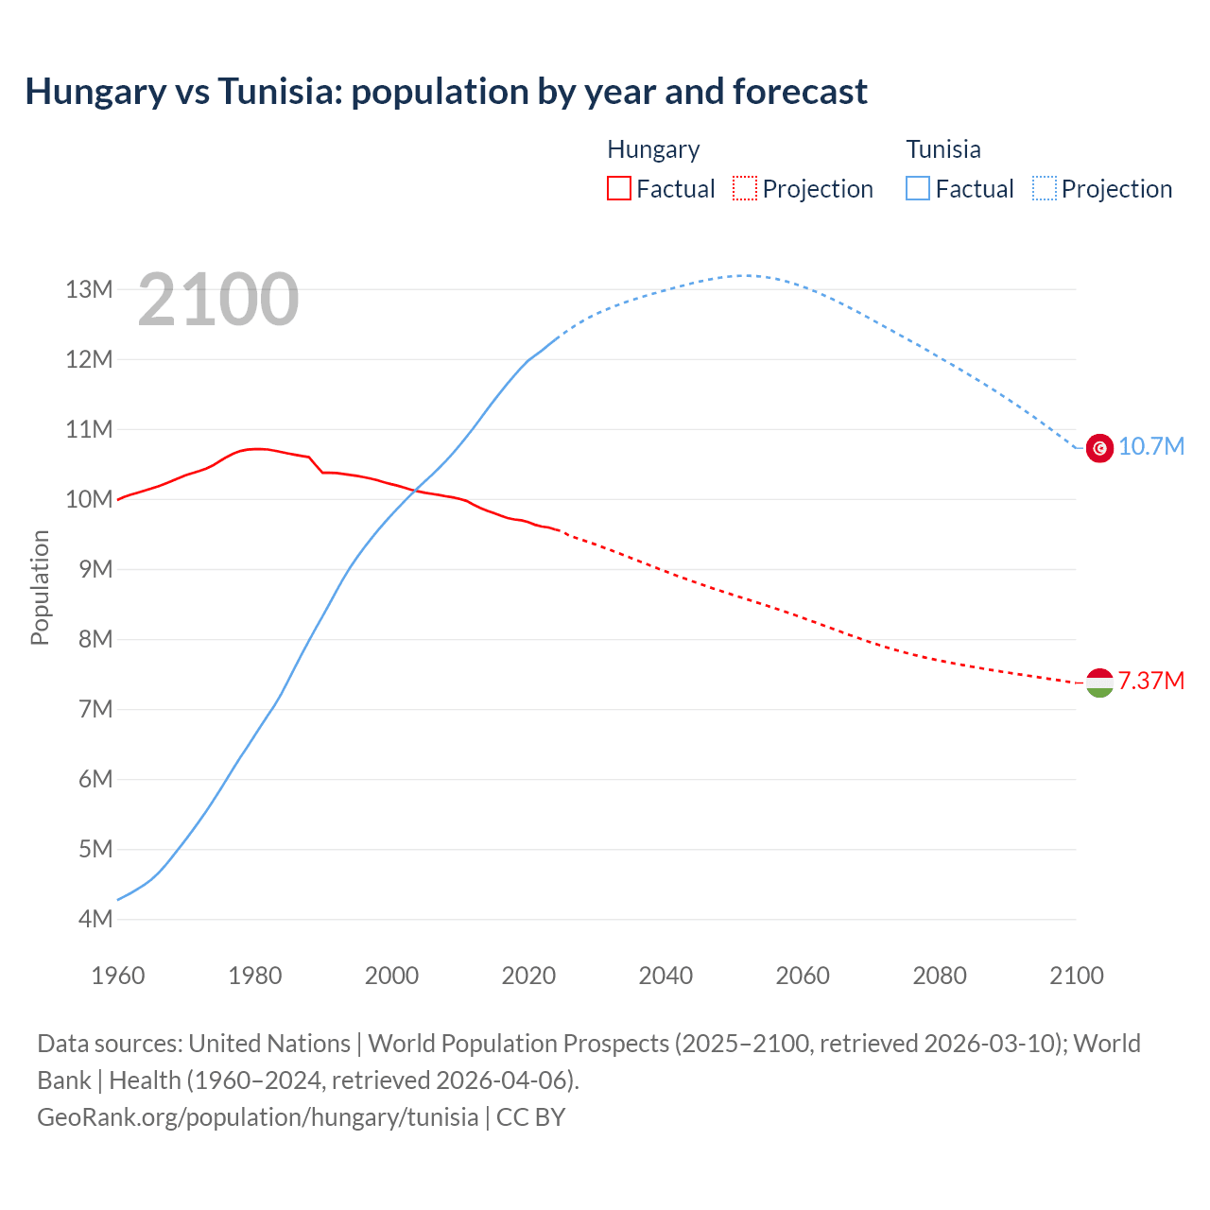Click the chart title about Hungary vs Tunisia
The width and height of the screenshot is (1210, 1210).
pos(446,92)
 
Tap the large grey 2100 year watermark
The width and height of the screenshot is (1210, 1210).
pos(218,300)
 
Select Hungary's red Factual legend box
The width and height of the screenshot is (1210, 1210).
pos(618,188)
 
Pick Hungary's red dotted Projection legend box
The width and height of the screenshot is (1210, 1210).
pos(745,188)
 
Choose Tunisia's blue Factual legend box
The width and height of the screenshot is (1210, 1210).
pos(917,188)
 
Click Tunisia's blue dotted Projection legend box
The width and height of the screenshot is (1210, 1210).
pos(1044,188)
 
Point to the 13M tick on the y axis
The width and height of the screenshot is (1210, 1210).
pos(89,289)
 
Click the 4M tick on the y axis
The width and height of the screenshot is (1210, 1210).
pos(95,919)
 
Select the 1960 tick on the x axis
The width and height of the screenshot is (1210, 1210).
pos(118,976)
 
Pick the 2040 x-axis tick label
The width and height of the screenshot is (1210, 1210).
pos(665,976)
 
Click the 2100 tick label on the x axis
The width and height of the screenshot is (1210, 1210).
pos(1076,976)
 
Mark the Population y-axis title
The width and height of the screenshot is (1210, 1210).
pos(40,587)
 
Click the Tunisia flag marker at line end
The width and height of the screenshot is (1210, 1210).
pos(1099,447)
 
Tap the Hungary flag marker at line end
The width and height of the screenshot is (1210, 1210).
pos(1099,682)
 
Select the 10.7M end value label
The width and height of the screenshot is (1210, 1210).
pos(1150,446)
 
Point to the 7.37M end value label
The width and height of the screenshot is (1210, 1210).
pos(1150,681)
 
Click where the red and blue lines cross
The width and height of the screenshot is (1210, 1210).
pos(413,490)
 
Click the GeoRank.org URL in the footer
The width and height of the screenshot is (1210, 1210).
pos(257,1117)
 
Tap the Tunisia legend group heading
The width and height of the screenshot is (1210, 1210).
pos(942,149)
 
